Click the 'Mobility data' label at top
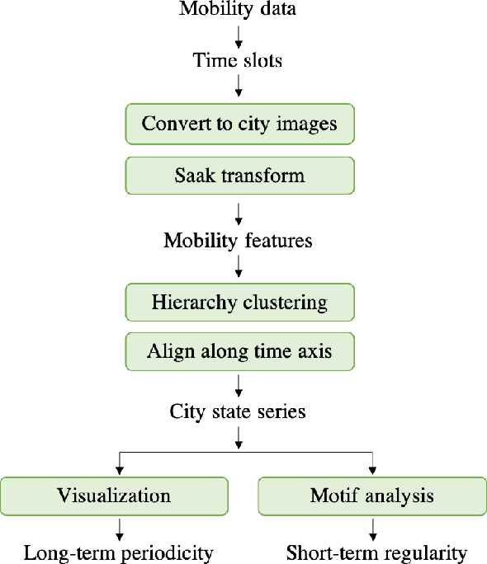point(238,10)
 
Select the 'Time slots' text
point(238,60)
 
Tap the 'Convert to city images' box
point(239,124)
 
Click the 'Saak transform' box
point(239,175)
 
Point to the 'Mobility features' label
point(238,241)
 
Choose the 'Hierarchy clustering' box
point(239,303)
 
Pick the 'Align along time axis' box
point(239,351)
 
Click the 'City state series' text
point(238,411)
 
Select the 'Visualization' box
point(114,496)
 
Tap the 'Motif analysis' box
point(371,496)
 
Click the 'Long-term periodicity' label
point(118,552)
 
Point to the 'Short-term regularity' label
point(376,552)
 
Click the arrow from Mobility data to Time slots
point(238,35)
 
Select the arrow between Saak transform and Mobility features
point(238,214)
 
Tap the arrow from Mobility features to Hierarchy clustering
point(238,266)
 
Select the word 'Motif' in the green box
point(333,496)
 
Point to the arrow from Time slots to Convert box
point(238,86)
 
